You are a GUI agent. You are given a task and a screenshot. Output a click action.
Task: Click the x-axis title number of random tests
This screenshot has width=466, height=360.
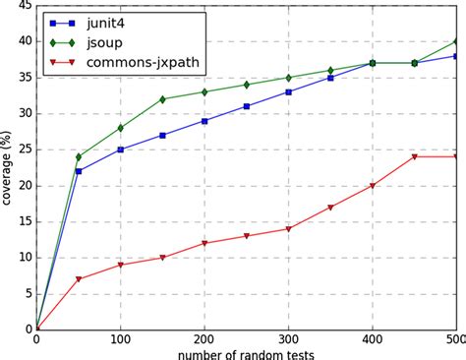tap(247, 351)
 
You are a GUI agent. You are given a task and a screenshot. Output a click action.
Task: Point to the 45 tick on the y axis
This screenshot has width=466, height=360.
tap(24, 6)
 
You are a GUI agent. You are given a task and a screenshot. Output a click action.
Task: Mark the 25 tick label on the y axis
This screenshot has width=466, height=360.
tap(24, 150)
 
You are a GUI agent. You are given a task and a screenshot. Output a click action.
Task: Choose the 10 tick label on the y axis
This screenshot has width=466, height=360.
tap(24, 257)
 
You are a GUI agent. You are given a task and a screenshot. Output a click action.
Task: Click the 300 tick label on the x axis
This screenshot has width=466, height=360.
tap(288, 338)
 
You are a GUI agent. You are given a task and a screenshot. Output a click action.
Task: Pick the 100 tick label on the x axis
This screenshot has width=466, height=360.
tap(120, 338)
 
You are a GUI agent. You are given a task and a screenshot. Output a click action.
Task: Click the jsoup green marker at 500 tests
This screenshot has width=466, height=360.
tap(456, 41)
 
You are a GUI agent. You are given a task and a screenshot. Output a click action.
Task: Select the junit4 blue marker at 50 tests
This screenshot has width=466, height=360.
tap(79, 171)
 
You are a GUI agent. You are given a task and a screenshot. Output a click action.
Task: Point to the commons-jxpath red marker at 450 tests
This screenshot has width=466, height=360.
tap(414, 156)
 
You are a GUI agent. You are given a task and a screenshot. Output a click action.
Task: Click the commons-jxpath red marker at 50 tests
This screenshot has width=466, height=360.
tap(79, 278)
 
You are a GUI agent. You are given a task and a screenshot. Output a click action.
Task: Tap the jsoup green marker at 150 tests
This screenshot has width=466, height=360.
tap(162, 99)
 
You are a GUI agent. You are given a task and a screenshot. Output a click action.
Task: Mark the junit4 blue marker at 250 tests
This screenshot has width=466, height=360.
tap(247, 106)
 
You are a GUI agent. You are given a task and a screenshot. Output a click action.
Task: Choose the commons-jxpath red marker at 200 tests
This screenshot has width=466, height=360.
tap(204, 243)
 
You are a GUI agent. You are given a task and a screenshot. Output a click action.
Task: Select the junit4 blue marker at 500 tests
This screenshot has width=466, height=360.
tap(456, 56)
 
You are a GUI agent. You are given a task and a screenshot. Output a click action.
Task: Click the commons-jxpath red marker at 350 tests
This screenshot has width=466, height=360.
tap(330, 207)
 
